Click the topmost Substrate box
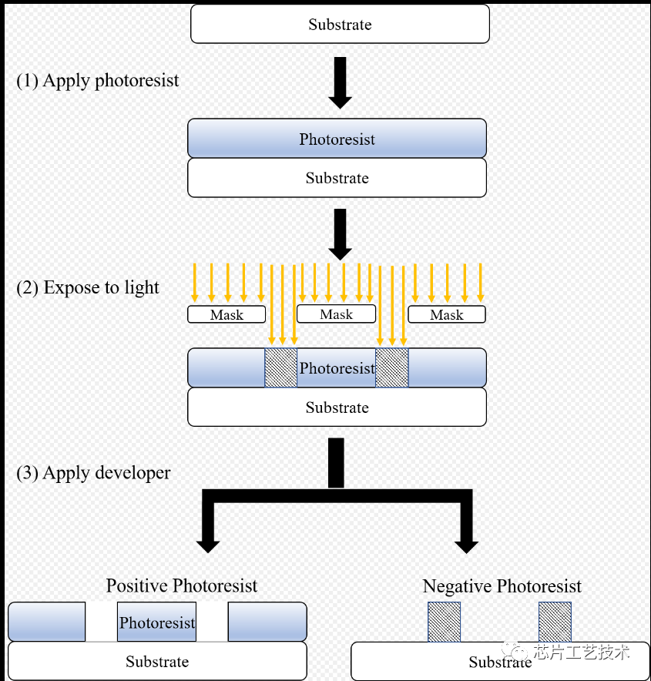(x=340, y=24)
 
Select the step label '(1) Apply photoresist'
(x=97, y=81)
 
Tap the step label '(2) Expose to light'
(x=88, y=288)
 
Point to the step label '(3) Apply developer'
(x=93, y=473)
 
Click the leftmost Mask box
(x=227, y=314)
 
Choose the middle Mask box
(x=336, y=314)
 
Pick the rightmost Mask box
(x=447, y=314)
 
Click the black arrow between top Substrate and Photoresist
(x=340, y=82)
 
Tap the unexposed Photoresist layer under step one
(x=337, y=138)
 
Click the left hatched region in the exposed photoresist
(x=281, y=367)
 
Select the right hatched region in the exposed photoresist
(x=391, y=367)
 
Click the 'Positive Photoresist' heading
(x=182, y=586)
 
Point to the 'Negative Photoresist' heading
(x=502, y=586)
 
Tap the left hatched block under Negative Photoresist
(x=445, y=622)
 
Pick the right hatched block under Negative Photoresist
(x=555, y=622)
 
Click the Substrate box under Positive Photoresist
(x=158, y=661)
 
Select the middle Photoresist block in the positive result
(x=156, y=622)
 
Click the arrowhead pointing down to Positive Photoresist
(x=208, y=547)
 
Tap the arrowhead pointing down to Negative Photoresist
(x=466, y=547)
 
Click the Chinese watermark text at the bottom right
(x=566, y=652)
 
